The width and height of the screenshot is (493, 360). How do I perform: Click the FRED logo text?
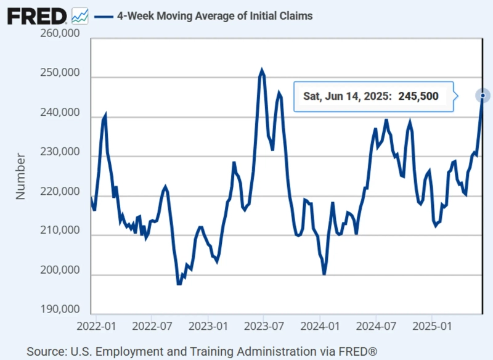pyautogui.click(x=36, y=15)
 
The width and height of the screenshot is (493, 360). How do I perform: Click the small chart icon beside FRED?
pyautogui.click(x=80, y=15)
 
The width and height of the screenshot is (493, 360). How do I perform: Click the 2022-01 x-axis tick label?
pyautogui.click(x=97, y=323)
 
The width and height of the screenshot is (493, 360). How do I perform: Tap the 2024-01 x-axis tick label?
pyautogui.click(x=321, y=323)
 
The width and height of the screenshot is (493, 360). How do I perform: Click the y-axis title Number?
pyautogui.click(x=21, y=176)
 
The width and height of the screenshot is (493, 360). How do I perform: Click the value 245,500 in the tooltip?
pyautogui.click(x=418, y=96)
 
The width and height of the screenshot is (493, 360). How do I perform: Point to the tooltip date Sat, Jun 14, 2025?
pyautogui.click(x=347, y=96)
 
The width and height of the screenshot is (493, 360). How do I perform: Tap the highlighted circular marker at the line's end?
pyautogui.click(x=483, y=96)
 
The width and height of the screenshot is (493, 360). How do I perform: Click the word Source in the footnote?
pyautogui.click(x=44, y=351)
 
